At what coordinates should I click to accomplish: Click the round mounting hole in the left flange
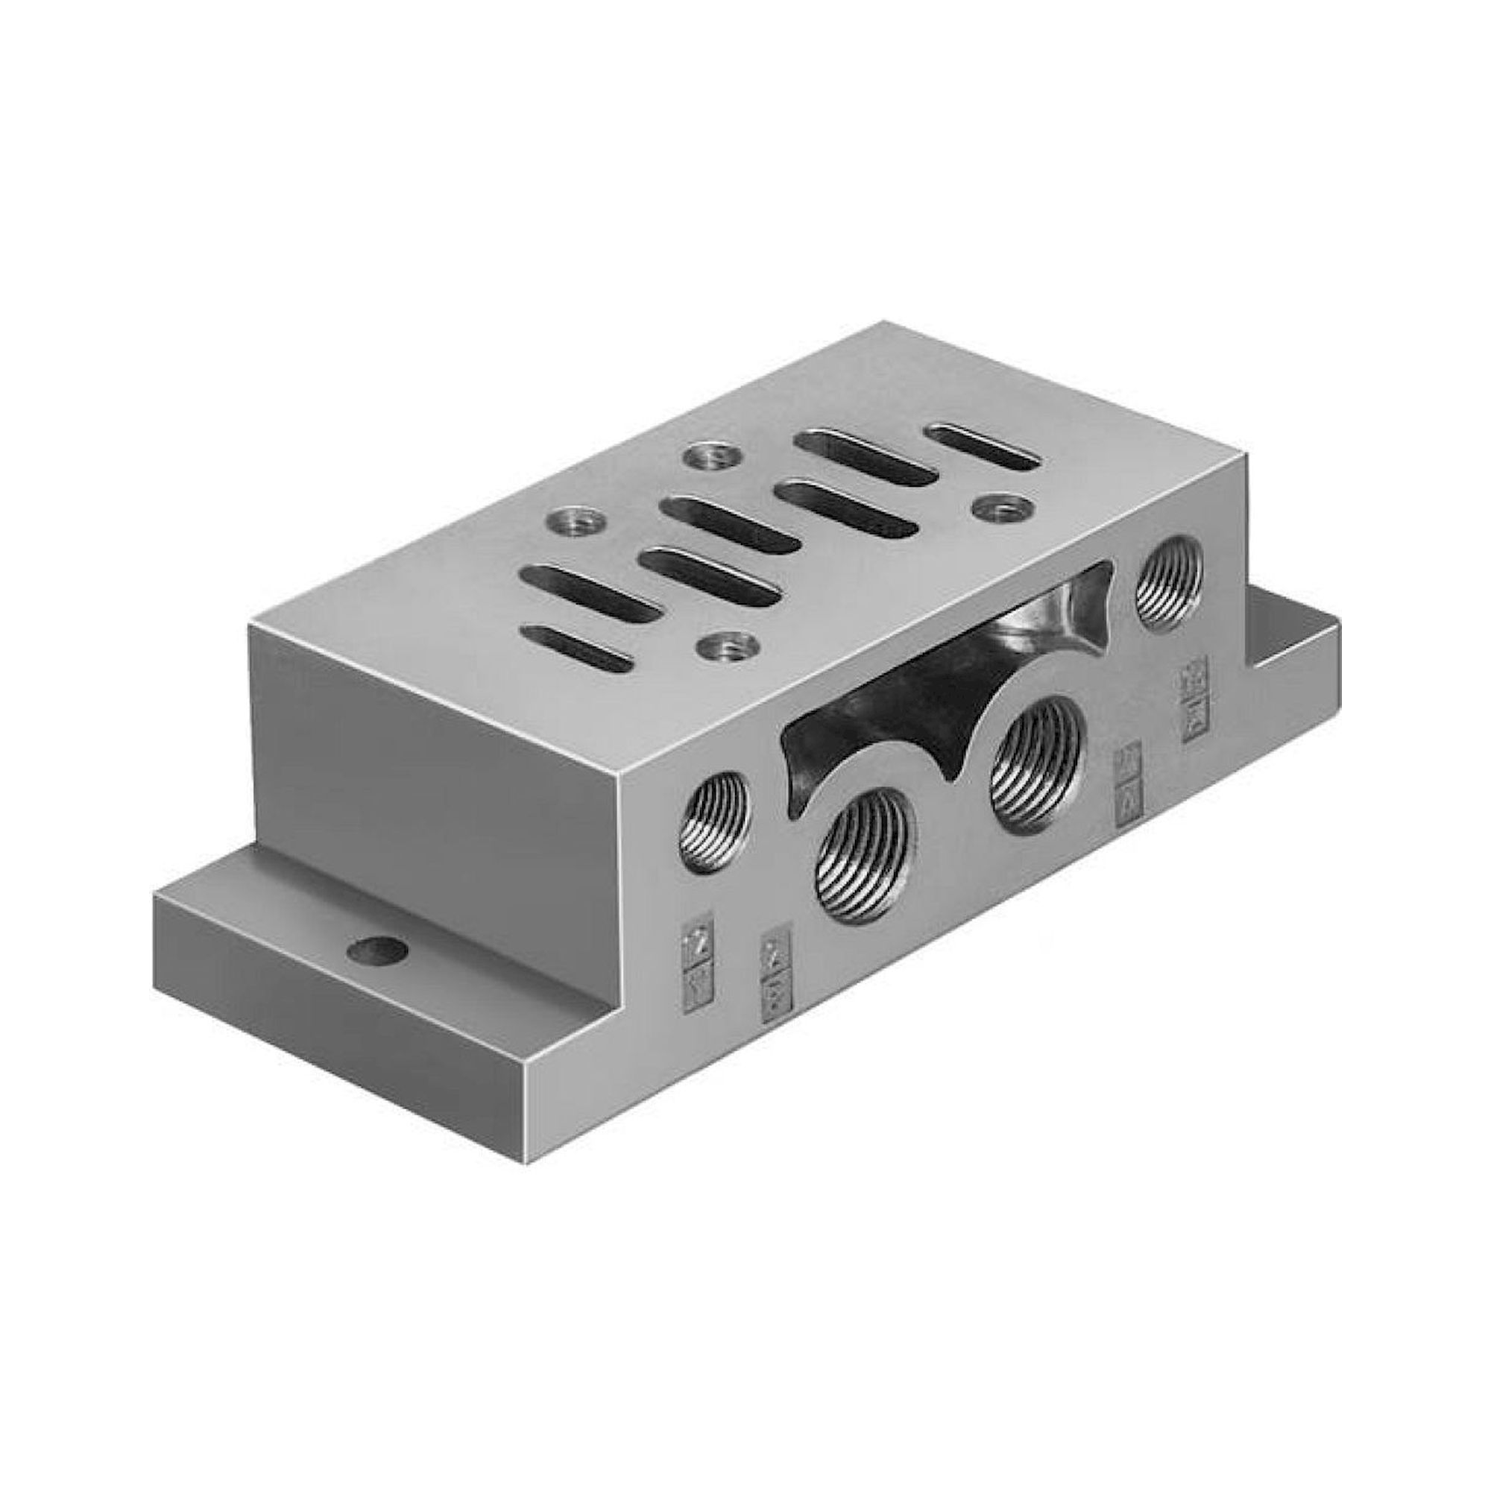pos(376,951)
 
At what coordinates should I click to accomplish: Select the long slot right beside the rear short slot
pos(866,458)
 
